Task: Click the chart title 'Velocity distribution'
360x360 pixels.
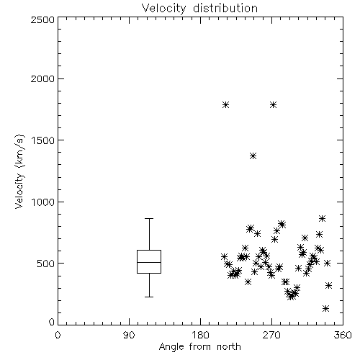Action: [199, 9]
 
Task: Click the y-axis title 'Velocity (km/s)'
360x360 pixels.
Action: [19, 171]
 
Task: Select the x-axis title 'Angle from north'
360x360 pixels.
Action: [199, 347]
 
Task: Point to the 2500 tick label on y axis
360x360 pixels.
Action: [42, 19]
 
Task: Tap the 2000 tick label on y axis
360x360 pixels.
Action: [42, 78]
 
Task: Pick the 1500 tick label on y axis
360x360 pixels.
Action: [43, 140]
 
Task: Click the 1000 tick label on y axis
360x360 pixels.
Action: [43, 202]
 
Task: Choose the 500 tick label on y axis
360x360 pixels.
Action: [46, 264]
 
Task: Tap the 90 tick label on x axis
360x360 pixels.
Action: [129, 335]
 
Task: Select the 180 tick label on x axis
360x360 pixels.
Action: [200, 335]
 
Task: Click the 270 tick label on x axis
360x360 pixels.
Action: [271, 335]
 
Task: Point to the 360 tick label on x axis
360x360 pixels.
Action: [343, 335]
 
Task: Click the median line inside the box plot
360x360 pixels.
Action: [149, 262]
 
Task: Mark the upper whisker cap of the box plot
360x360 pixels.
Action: [149, 218]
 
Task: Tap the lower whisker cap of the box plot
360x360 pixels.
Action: [149, 297]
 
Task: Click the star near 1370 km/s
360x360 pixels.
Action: [253, 156]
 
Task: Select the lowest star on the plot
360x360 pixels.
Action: [325, 308]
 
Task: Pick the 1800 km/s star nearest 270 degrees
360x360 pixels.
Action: [273, 105]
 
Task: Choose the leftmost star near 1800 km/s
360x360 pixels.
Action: [225, 105]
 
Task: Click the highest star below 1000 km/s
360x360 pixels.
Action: [323, 218]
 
